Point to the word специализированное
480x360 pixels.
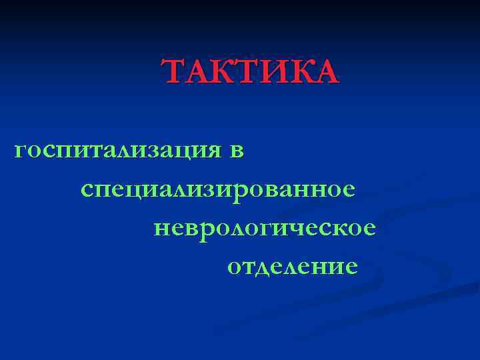point(217,190)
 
